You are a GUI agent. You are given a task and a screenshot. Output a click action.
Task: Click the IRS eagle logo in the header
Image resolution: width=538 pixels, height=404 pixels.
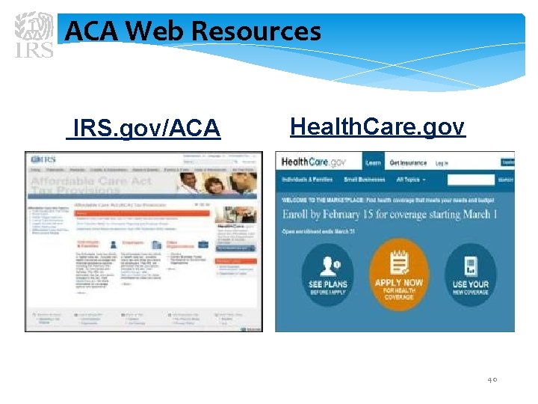coord(35,34)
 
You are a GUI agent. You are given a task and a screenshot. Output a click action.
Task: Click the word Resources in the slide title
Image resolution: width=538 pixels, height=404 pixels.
coord(256,31)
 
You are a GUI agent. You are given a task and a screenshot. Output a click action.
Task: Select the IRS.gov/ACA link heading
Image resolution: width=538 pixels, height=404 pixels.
coord(145,129)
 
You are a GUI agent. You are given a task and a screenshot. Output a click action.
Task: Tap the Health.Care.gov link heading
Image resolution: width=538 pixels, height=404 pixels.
coord(377,126)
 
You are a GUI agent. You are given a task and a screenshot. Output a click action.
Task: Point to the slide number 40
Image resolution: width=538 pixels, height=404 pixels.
coord(492,379)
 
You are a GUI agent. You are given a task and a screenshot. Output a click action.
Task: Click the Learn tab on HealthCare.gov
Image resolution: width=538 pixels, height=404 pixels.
coord(373,162)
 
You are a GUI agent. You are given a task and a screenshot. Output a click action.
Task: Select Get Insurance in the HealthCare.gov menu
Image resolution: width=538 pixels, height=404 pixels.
coord(408,162)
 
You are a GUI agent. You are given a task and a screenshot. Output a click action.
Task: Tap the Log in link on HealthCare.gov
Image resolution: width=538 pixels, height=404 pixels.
coord(442,162)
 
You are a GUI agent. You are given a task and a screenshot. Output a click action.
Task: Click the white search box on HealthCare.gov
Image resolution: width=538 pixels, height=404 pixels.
coord(471,180)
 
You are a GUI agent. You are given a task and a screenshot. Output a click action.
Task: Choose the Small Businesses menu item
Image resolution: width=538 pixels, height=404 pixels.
coord(364,180)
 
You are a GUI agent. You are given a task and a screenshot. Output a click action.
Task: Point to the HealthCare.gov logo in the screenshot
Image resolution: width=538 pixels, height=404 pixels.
coord(314,162)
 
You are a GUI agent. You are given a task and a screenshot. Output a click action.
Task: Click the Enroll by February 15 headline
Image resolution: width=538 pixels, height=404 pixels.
coord(389,214)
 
